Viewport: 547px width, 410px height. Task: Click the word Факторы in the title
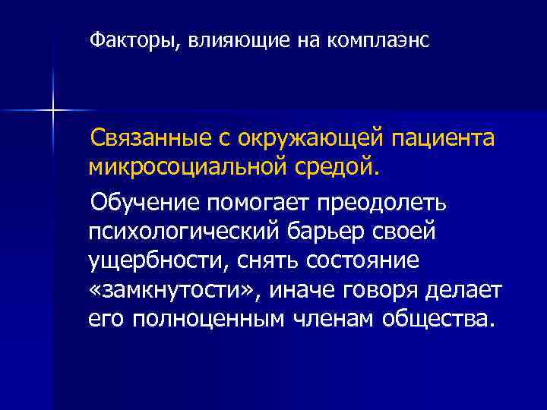pos(131,39)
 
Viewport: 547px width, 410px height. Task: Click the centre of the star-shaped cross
pos(53,111)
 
